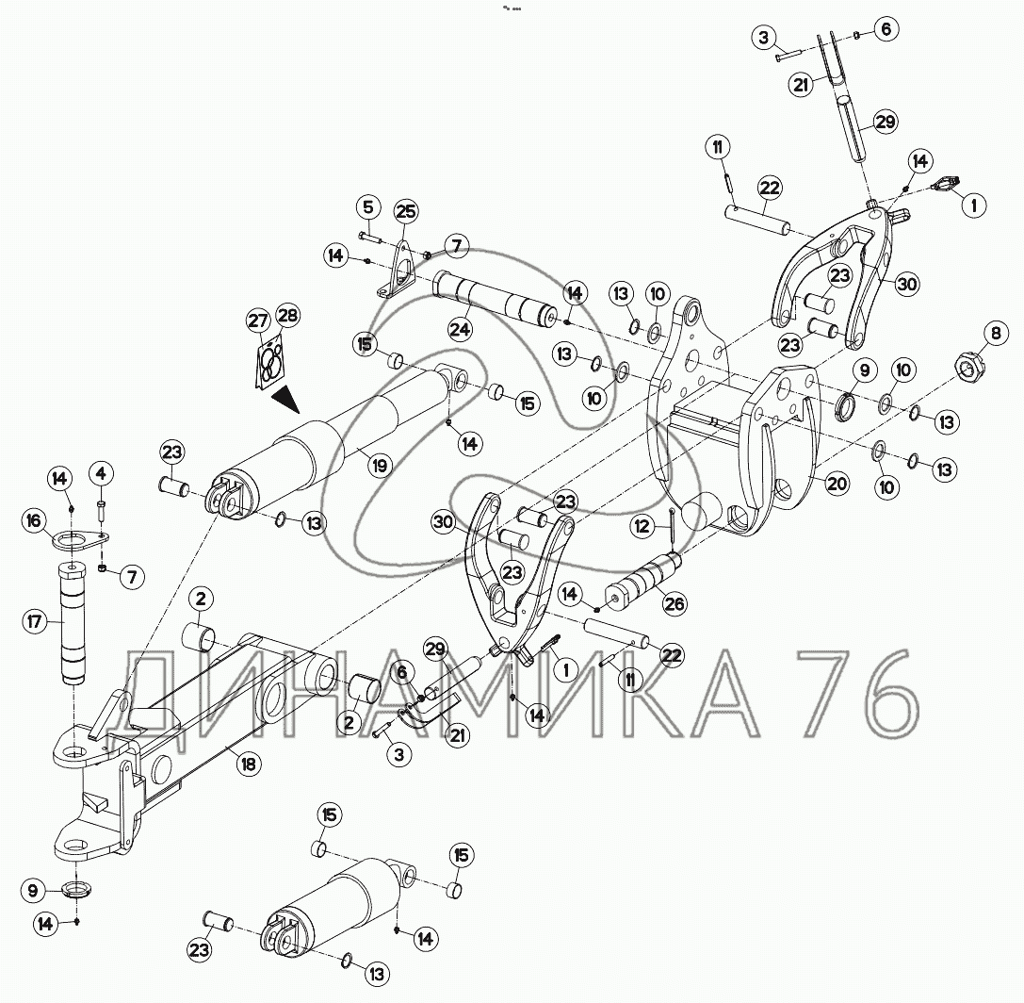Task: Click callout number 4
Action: point(102,470)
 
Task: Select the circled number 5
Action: point(368,207)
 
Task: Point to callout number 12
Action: point(642,527)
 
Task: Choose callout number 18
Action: point(248,765)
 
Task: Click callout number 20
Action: point(837,485)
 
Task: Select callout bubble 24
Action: point(460,329)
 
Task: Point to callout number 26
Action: point(675,603)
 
